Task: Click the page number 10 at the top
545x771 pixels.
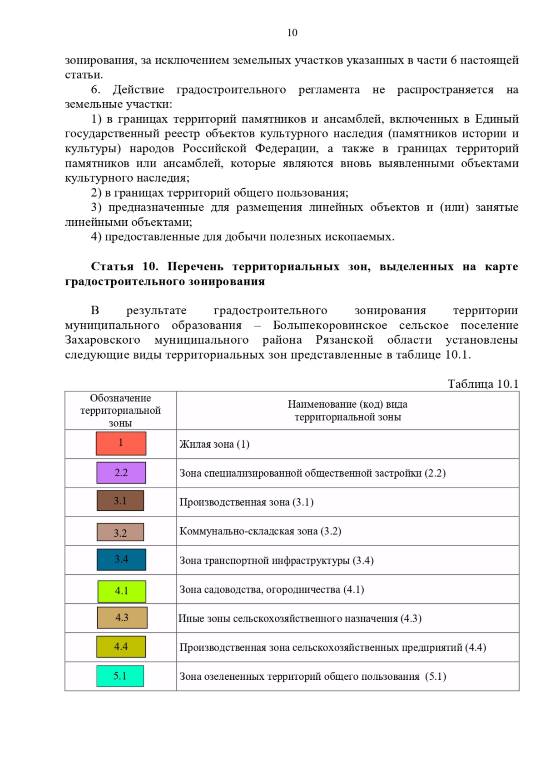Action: (292, 33)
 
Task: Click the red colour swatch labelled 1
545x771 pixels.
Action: (121, 443)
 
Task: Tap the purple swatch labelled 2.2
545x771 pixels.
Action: (121, 473)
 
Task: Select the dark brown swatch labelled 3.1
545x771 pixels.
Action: (120, 501)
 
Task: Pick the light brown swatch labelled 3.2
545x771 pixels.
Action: (120, 532)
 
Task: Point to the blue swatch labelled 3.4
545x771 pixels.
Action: (121, 559)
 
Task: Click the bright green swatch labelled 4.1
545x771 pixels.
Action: (122, 591)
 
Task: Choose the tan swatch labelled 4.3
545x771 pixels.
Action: (122, 618)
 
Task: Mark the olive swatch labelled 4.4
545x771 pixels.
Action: (121, 647)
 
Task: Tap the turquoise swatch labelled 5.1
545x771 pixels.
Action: (120, 676)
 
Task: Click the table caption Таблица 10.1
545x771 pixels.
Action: (483, 384)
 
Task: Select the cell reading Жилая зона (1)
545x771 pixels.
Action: (214, 444)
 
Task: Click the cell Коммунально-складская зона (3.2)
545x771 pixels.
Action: (260, 531)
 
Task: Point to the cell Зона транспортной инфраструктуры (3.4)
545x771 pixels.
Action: (277, 560)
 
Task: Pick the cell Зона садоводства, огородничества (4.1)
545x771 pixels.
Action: (272, 589)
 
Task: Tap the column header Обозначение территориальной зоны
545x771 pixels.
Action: (120, 410)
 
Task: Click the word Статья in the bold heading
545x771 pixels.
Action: (112, 266)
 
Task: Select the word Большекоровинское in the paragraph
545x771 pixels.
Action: (330, 326)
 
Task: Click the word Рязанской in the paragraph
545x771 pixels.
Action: (344, 340)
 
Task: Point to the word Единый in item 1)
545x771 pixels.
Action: (496, 119)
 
